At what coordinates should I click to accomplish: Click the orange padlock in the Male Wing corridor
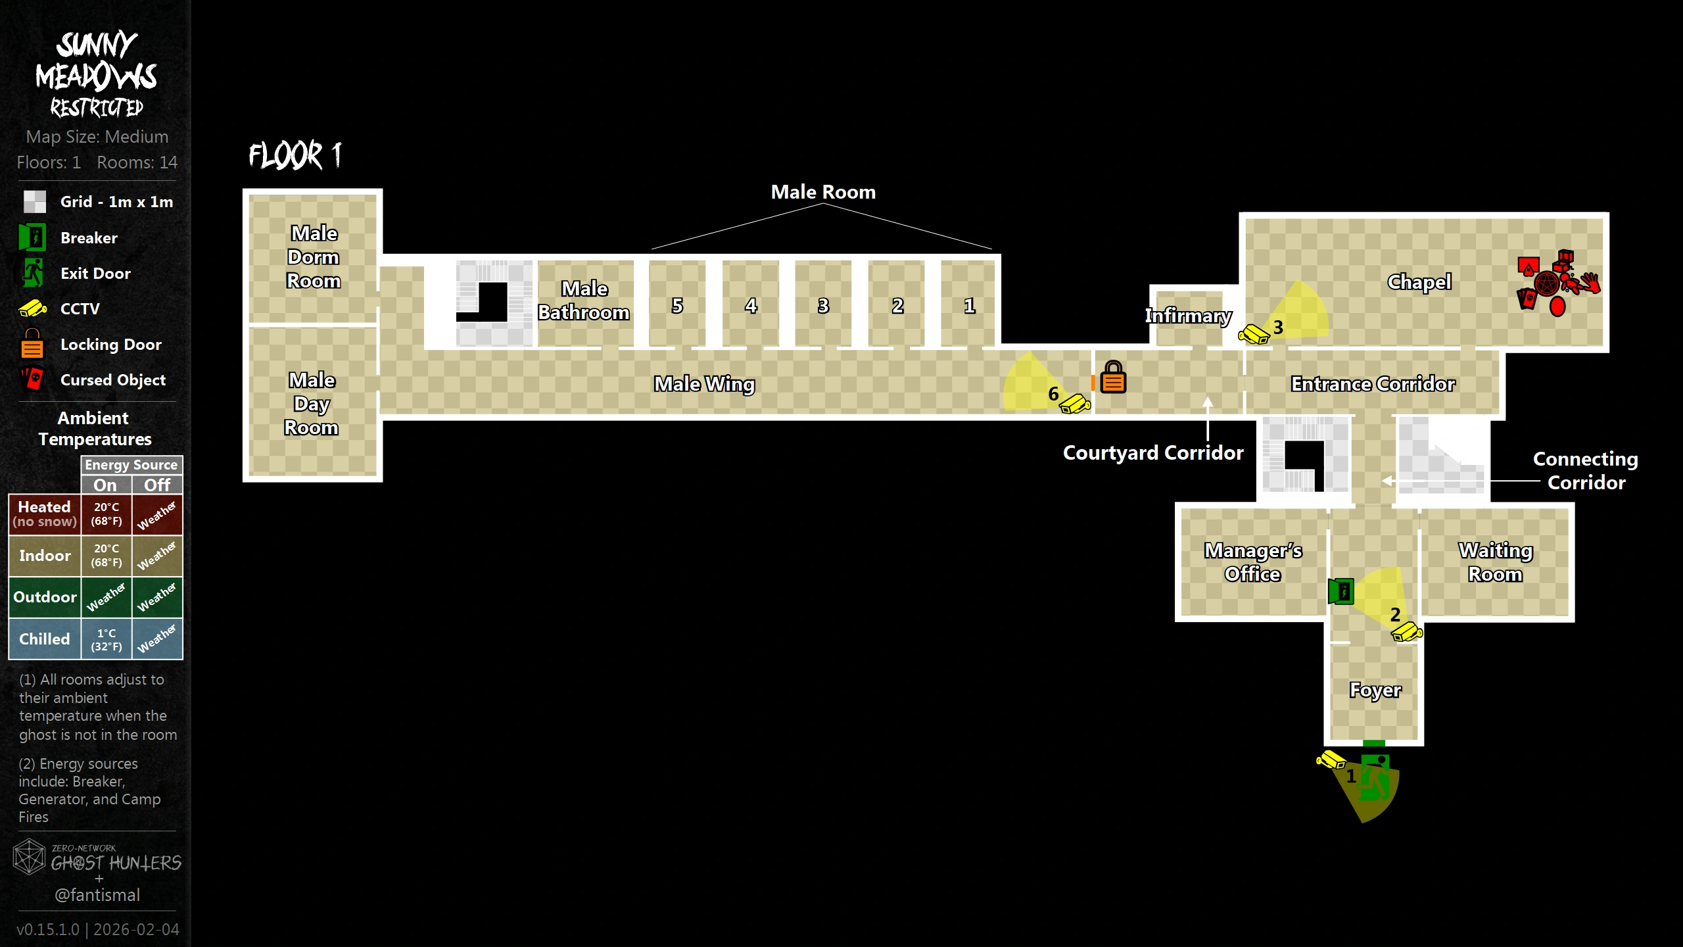point(1113,377)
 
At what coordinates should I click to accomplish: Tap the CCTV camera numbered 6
point(1075,403)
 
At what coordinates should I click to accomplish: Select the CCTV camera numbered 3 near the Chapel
point(1254,335)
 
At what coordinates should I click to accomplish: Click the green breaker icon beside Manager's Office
point(1340,591)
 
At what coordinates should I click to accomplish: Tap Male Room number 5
point(677,306)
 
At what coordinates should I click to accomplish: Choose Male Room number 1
point(969,306)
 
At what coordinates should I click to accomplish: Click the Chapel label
point(1419,282)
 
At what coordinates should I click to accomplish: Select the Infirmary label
point(1188,316)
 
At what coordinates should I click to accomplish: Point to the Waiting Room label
point(1495,562)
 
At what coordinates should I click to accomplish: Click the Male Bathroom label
point(584,301)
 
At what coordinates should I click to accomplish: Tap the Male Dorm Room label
point(314,257)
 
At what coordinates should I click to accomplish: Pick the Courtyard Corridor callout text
point(1153,453)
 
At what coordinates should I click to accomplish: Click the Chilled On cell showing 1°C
point(107,639)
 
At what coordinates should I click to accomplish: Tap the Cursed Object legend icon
point(32,379)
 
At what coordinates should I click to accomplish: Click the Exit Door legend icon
point(32,273)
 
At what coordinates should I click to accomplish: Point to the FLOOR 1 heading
point(295,156)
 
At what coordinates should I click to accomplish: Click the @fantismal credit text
point(97,895)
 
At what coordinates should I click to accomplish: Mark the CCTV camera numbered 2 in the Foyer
point(1406,633)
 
